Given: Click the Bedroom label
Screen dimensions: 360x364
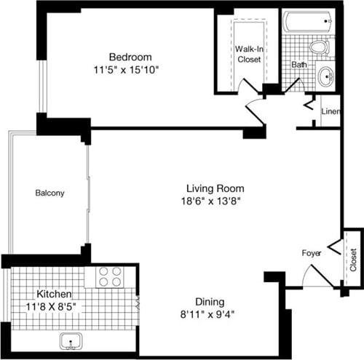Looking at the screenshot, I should [130, 57].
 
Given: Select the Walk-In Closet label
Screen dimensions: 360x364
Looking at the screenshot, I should [249, 54].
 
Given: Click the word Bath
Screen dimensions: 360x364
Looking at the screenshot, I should [299, 65].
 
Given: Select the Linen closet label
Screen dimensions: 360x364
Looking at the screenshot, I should [331, 112].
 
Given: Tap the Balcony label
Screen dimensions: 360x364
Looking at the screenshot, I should [50, 193].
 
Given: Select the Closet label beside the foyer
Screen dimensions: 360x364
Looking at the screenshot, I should [353, 258].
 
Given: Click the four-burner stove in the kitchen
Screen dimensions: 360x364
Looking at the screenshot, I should [110, 277].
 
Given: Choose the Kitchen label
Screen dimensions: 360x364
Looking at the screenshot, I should [55, 294].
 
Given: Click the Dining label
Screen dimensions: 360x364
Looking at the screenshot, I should [209, 302].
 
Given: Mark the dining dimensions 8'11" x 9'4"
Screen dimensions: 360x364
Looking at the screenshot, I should [209, 315].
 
